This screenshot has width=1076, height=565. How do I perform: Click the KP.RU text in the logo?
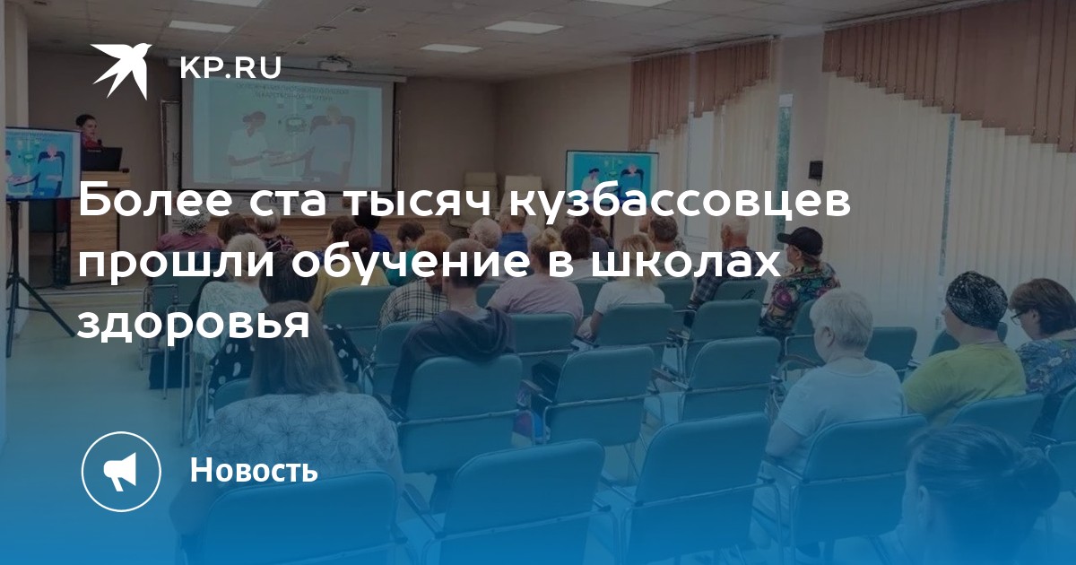[x=230, y=68]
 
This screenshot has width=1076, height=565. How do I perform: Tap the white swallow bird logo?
[x=122, y=71]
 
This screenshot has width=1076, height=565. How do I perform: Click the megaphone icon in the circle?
[x=121, y=472]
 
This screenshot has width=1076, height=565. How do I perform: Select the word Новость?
[x=254, y=469]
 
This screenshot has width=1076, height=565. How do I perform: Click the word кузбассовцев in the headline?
[x=681, y=203]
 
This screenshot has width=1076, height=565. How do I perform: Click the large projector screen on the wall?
[x=287, y=133]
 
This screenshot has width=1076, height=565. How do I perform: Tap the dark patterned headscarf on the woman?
[x=976, y=299]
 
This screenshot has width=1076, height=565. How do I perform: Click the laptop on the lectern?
[x=102, y=160]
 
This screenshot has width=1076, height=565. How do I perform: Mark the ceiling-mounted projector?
[x=335, y=63]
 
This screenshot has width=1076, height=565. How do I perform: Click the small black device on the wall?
[x=816, y=169]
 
